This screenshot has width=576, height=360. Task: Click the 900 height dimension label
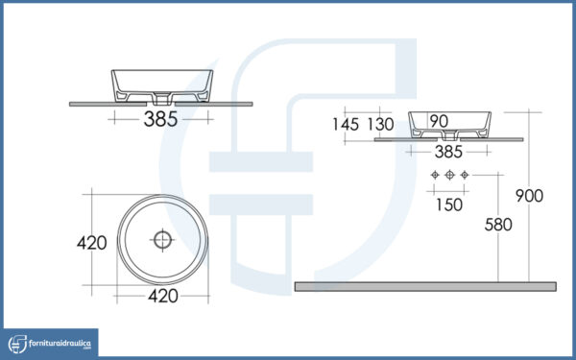click(529, 196)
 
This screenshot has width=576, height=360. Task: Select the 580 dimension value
click(498, 225)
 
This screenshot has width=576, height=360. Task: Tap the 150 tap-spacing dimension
click(449, 204)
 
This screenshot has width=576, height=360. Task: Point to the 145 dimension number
click(346, 124)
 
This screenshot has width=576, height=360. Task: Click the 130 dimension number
click(380, 124)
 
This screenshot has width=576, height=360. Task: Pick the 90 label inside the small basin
click(439, 121)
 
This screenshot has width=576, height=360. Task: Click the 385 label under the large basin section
click(160, 119)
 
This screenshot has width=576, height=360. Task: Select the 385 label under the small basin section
click(448, 152)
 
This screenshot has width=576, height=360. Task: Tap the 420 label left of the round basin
click(92, 243)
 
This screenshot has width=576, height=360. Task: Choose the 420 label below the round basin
click(163, 296)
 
